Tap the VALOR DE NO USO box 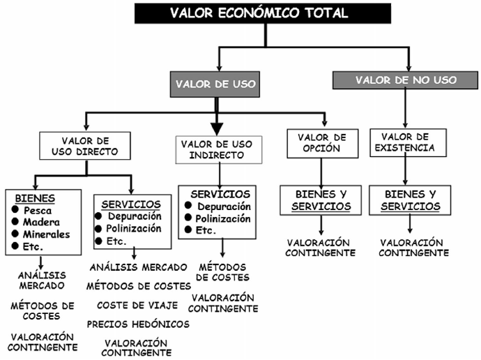[406, 80]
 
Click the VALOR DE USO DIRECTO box [84, 146]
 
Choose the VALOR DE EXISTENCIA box [408, 142]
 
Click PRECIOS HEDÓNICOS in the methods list [138, 324]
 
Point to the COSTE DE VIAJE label [137, 305]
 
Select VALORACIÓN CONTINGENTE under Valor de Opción [321, 247]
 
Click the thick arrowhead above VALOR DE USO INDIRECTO [217, 128]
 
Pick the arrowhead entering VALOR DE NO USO [406, 67]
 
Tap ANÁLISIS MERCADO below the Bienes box [42, 280]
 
